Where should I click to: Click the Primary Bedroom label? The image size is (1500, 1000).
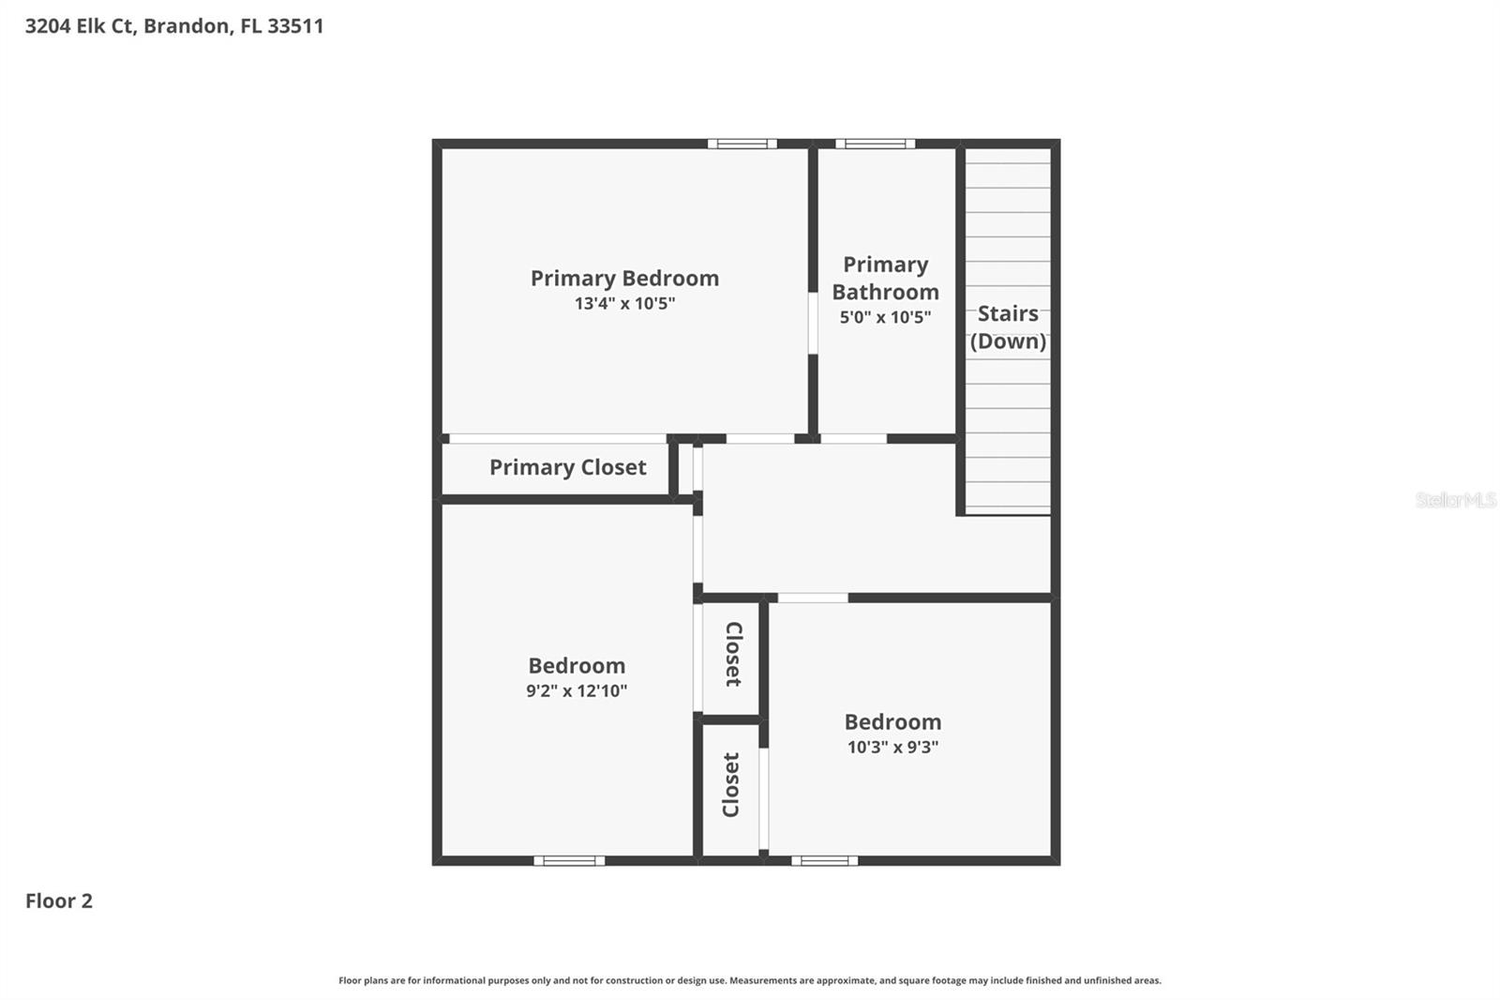(x=624, y=279)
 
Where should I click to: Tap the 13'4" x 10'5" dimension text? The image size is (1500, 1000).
(x=624, y=304)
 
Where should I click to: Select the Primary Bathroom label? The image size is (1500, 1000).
(x=885, y=279)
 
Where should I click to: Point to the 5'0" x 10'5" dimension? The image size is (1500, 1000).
(x=885, y=317)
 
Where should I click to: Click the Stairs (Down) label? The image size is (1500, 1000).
(x=1008, y=327)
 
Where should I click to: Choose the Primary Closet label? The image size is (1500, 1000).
(x=567, y=467)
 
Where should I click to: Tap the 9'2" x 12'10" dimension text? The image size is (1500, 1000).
(x=576, y=691)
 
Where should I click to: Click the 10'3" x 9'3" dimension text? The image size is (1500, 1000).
(x=892, y=748)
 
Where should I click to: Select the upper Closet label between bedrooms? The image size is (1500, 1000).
(x=733, y=654)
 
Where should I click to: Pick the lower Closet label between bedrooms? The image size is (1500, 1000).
(x=731, y=784)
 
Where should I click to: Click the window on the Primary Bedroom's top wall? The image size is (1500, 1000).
(x=742, y=144)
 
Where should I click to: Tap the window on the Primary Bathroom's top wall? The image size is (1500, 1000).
(x=875, y=144)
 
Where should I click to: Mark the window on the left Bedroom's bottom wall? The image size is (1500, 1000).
(x=569, y=860)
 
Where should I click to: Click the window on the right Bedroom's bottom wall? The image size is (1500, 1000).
(x=824, y=860)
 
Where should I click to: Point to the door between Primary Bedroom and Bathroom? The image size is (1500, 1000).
(x=813, y=323)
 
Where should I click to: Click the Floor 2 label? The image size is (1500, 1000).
(x=59, y=902)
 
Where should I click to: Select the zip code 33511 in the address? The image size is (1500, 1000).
(x=295, y=26)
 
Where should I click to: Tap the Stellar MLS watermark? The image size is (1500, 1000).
(x=1455, y=500)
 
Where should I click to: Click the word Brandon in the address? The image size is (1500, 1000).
(x=187, y=26)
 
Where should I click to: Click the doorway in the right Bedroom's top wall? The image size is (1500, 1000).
(x=813, y=598)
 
